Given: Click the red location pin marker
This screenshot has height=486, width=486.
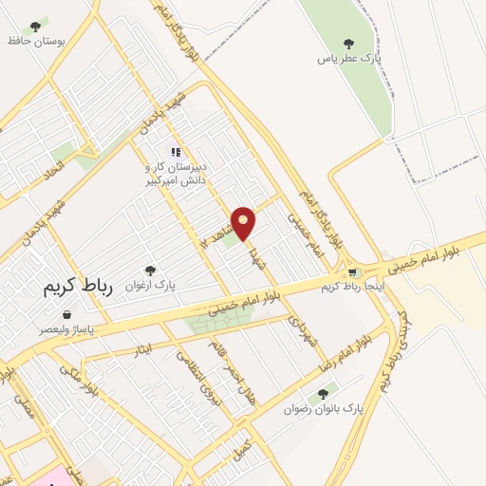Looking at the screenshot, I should pos(244,222).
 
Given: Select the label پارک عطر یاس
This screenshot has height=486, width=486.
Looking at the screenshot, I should pos(349,58).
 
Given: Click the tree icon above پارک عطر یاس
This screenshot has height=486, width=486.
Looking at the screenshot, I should pos(348,42).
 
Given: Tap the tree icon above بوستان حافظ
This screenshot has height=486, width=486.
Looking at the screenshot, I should pos(36,26).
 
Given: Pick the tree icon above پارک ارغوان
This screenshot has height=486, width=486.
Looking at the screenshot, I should pos(149,271).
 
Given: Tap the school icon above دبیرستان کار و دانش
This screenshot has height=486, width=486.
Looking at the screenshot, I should pos(174,151).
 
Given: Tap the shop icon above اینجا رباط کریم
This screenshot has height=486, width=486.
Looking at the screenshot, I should pos(352,271).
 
